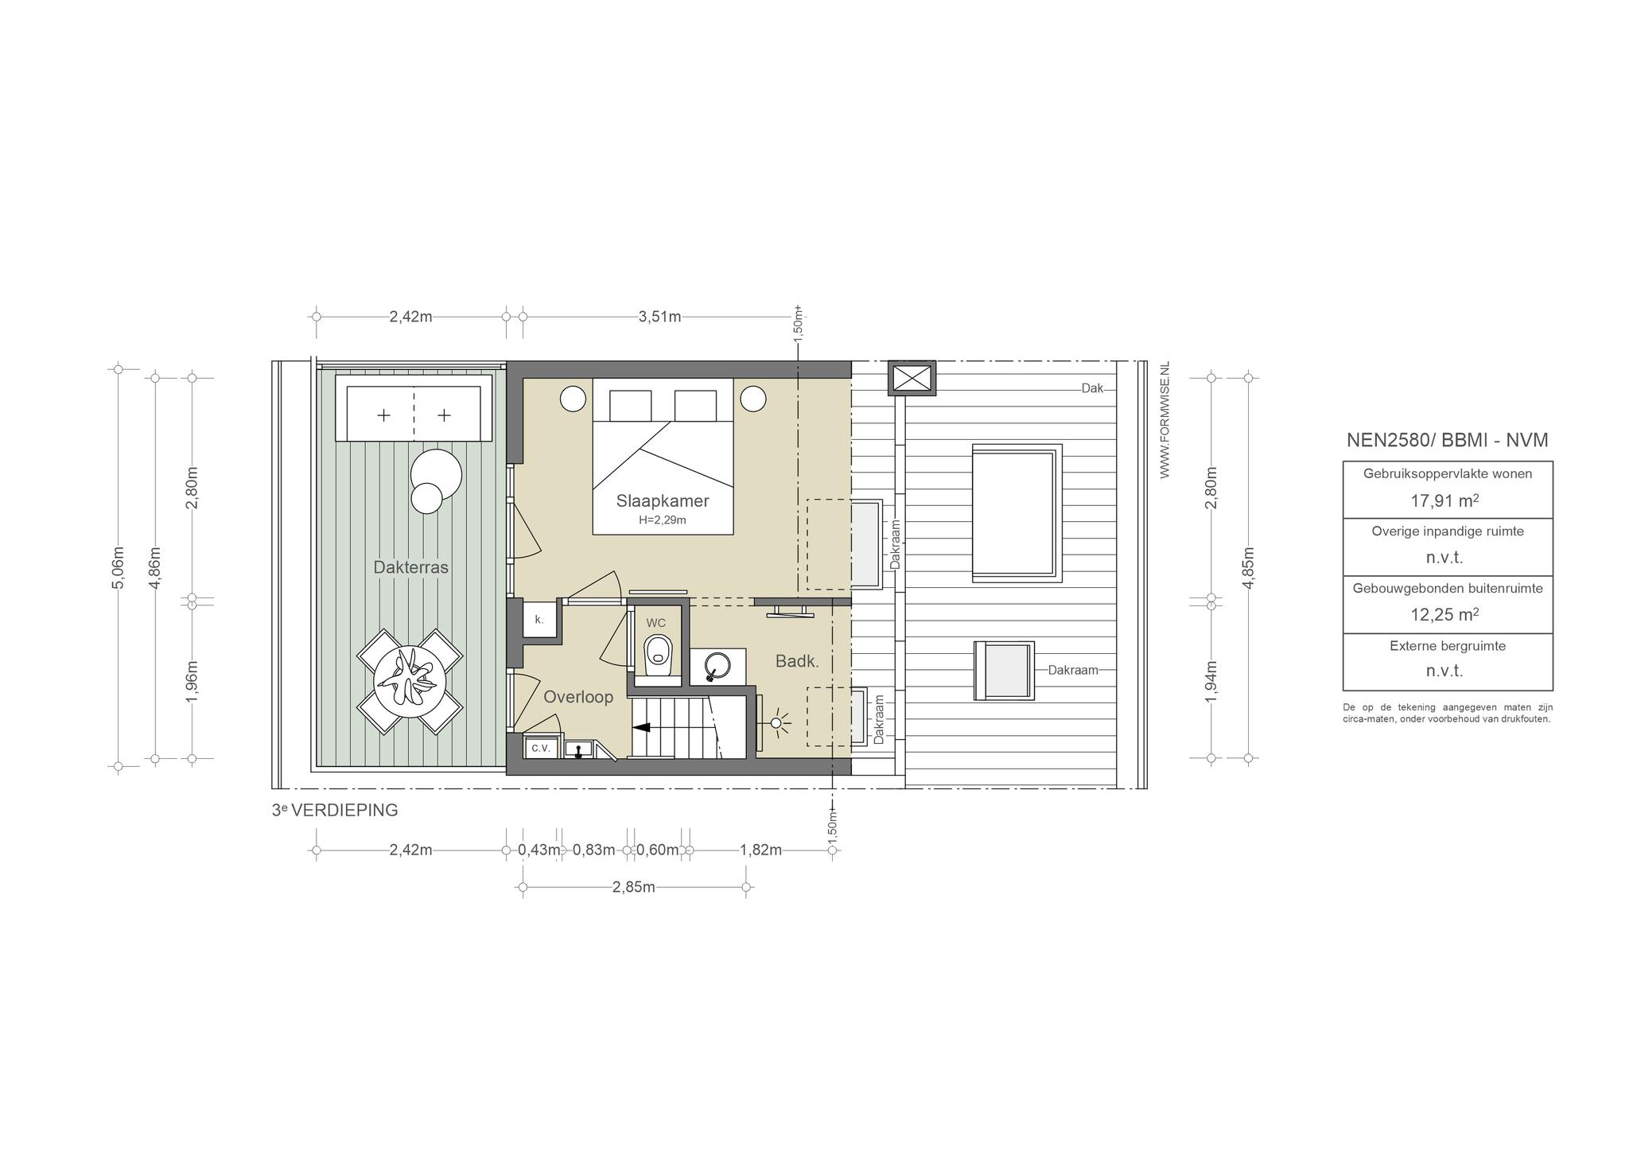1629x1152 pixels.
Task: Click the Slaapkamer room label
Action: (663, 501)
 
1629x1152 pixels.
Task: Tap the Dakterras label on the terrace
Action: (411, 567)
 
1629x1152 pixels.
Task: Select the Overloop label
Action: (578, 697)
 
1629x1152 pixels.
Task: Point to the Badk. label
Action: (797, 661)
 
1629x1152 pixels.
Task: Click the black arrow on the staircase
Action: (641, 726)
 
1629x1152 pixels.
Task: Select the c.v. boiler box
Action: (541, 748)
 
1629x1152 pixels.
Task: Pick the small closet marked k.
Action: (539, 620)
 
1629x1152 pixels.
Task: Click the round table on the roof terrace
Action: (410, 682)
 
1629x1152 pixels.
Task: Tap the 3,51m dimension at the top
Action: (659, 317)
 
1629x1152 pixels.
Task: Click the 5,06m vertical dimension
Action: (118, 567)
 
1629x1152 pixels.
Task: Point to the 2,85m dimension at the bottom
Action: (634, 887)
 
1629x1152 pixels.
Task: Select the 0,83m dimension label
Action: (594, 850)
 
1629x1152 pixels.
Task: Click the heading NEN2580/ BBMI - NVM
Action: (1448, 440)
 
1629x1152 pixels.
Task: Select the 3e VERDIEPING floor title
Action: (335, 811)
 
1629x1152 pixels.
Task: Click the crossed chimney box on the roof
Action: (912, 378)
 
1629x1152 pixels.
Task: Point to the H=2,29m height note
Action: (663, 520)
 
